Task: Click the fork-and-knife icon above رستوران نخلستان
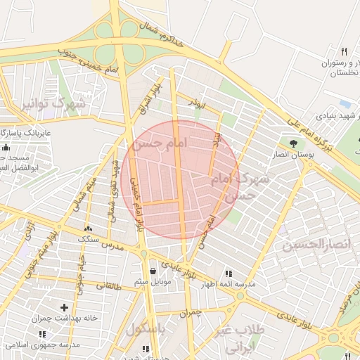click(x=344, y=51)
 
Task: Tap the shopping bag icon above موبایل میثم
click(x=153, y=271)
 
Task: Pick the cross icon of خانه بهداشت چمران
click(x=65, y=307)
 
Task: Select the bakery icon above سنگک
click(x=88, y=229)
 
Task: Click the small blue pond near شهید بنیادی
click(x=344, y=103)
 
